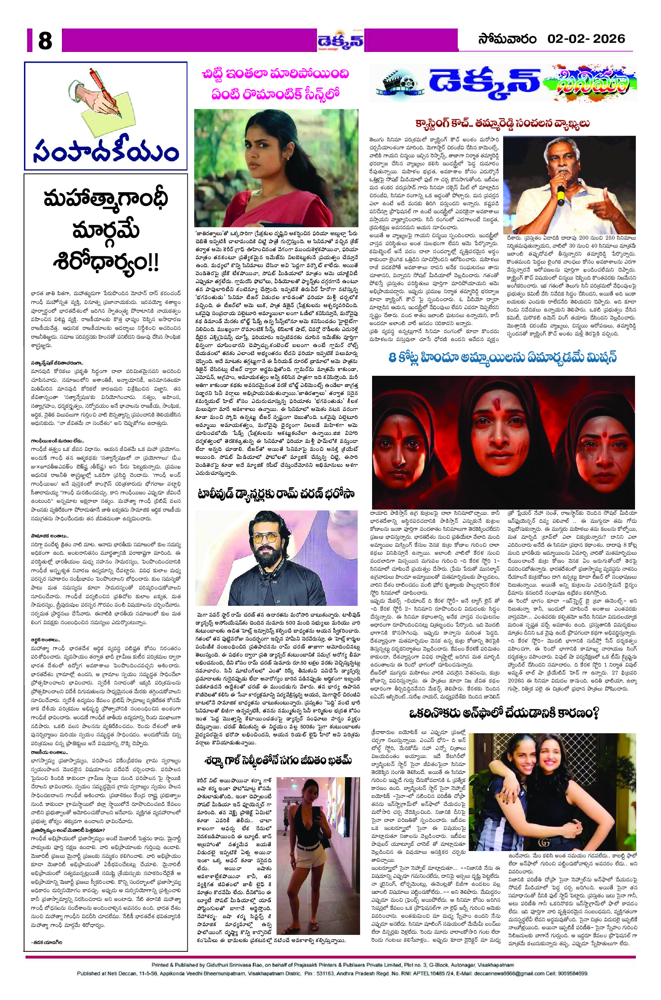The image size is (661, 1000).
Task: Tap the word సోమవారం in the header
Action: point(507,39)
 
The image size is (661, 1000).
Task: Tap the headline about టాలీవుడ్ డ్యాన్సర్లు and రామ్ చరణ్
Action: point(276,494)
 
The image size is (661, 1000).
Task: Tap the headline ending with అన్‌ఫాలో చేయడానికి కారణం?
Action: point(504,714)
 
